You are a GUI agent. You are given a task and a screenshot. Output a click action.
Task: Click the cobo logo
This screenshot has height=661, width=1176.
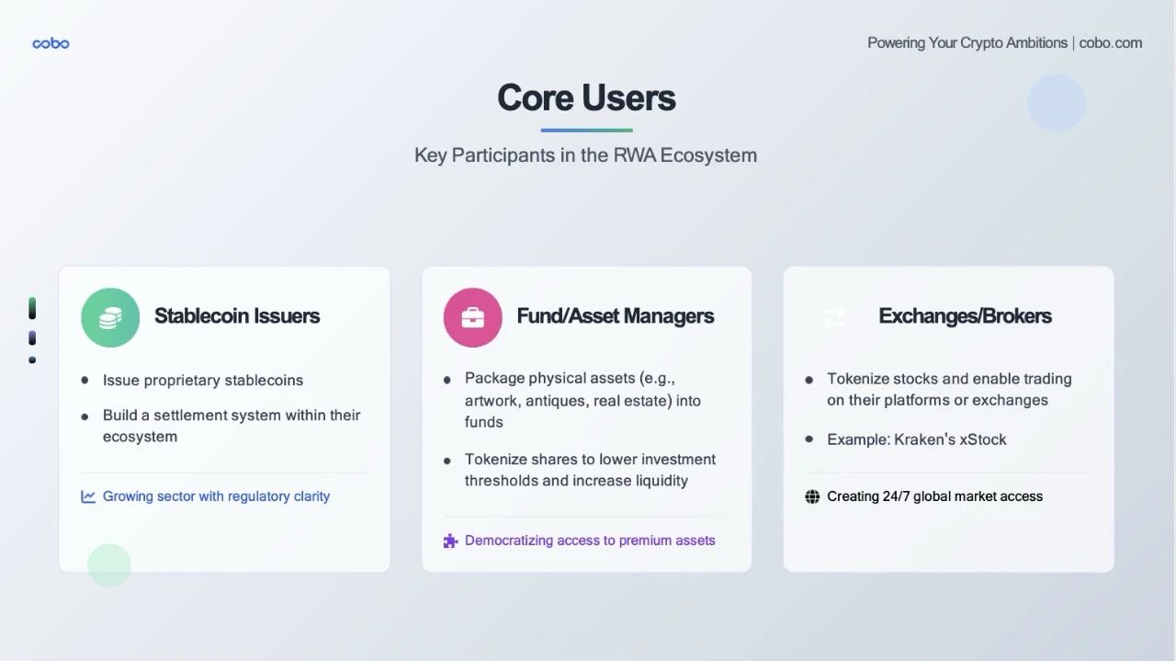click(x=51, y=43)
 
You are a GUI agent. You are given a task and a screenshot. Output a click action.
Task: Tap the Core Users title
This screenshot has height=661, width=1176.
click(x=586, y=97)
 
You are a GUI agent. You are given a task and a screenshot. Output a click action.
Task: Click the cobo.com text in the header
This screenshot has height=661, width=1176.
click(x=1111, y=43)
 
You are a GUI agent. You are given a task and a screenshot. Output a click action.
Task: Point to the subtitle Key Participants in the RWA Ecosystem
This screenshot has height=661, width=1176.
click(x=586, y=155)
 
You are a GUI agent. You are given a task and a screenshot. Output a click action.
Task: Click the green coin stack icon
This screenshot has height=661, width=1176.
click(x=110, y=317)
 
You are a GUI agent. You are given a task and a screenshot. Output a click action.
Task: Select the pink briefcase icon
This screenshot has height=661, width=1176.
click(x=472, y=317)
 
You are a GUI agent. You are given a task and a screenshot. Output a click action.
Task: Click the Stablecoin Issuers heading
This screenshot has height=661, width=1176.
click(x=237, y=315)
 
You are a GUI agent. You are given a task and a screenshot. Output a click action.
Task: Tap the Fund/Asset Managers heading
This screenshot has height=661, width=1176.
click(x=616, y=315)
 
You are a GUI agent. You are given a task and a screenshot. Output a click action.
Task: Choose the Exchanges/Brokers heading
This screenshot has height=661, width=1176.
click(x=965, y=315)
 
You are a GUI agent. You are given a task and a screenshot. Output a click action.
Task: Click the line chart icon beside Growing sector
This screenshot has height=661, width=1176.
click(x=88, y=496)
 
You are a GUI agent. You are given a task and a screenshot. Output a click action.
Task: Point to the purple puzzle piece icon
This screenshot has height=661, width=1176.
click(x=450, y=541)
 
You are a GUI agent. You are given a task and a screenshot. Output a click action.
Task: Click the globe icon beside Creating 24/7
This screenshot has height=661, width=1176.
click(x=812, y=496)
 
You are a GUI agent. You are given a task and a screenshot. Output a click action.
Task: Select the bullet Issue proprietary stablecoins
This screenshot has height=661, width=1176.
click(x=203, y=381)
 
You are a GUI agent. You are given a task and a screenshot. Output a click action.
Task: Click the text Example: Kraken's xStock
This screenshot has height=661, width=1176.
click(x=917, y=439)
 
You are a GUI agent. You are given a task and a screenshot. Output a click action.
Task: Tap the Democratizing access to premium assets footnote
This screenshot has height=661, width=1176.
click(x=590, y=541)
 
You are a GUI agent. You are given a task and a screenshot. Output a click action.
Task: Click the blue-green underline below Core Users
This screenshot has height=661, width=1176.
click(x=586, y=131)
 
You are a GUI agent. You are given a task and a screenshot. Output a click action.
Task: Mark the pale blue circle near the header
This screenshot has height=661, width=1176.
click(x=1057, y=103)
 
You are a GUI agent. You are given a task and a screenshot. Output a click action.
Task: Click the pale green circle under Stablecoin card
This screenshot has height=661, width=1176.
click(x=109, y=565)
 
